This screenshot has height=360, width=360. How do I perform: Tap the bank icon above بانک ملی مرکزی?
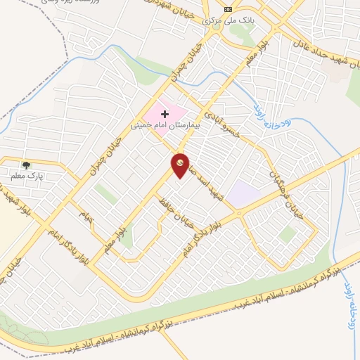pos(227,10)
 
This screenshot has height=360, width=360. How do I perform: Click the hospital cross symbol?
pos(166,113)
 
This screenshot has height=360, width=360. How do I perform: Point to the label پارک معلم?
pos(26,176)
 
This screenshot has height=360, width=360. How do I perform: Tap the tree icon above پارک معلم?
pos(26,165)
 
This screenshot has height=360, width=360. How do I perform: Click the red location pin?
pos(181,165)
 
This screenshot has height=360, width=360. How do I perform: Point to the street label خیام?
pos(86,212)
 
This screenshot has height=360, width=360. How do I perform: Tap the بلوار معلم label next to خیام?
pos(112,239)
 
